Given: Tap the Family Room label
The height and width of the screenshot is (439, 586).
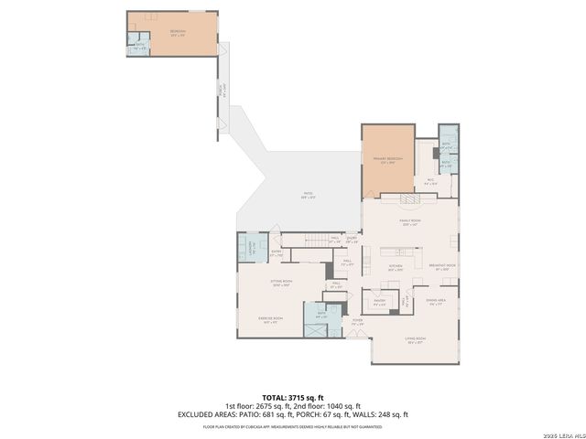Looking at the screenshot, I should click(409, 222).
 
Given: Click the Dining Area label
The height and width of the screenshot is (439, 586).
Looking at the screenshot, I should click(436, 302).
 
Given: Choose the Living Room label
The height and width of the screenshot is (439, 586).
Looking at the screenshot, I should click(416, 340).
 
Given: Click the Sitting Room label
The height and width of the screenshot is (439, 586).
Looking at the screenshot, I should click(281, 283).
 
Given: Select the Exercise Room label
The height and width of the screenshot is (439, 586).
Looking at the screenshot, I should click(271, 320).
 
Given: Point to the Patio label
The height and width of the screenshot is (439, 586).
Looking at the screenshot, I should click(309, 194).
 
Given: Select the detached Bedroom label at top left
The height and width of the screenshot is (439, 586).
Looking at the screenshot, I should click(178, 33).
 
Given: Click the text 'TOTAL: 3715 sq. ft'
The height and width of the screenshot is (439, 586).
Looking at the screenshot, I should click(293, 398).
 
